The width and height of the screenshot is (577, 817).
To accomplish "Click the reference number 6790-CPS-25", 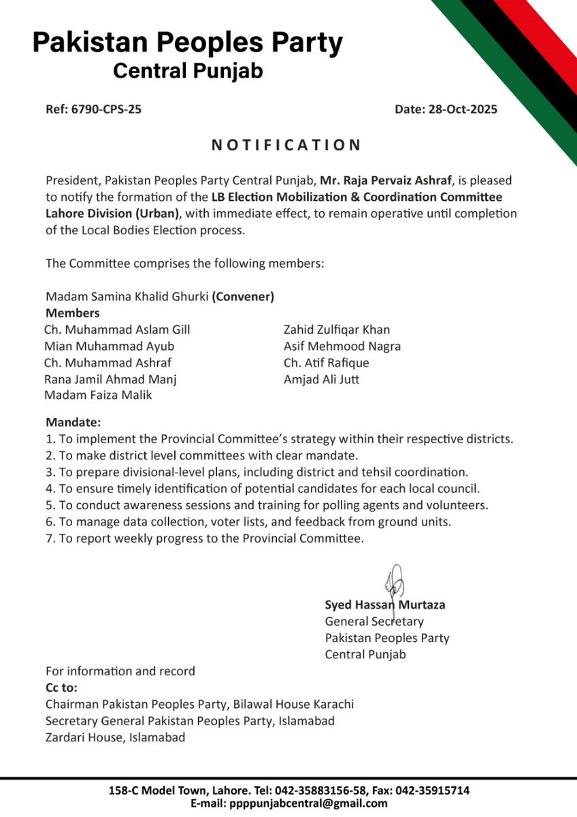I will (x=106, y=109).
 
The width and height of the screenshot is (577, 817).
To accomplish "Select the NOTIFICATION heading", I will (x=286, y=145).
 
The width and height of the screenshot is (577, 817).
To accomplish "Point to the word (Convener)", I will (x=243, y=297).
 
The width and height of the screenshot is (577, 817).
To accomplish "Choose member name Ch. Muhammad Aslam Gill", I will (x=117, y=330).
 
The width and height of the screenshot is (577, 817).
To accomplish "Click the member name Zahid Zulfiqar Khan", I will (x=337, y=330).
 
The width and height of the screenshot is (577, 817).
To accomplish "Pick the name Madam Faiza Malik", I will (x=98, y=395).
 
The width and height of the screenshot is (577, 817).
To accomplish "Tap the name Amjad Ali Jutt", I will (x=321, y=379).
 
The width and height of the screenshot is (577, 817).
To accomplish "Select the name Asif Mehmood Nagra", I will (x=342, y=346).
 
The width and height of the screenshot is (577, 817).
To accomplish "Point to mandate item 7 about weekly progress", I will (x=205, y=538).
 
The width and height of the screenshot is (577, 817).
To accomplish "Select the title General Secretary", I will (x=374, y=621).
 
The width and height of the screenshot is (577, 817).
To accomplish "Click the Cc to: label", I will (x=61, y=687).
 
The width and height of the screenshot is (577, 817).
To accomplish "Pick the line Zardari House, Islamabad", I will (x=115, y=737).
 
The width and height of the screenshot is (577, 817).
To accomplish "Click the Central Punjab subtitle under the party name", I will (x=188, y=71).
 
